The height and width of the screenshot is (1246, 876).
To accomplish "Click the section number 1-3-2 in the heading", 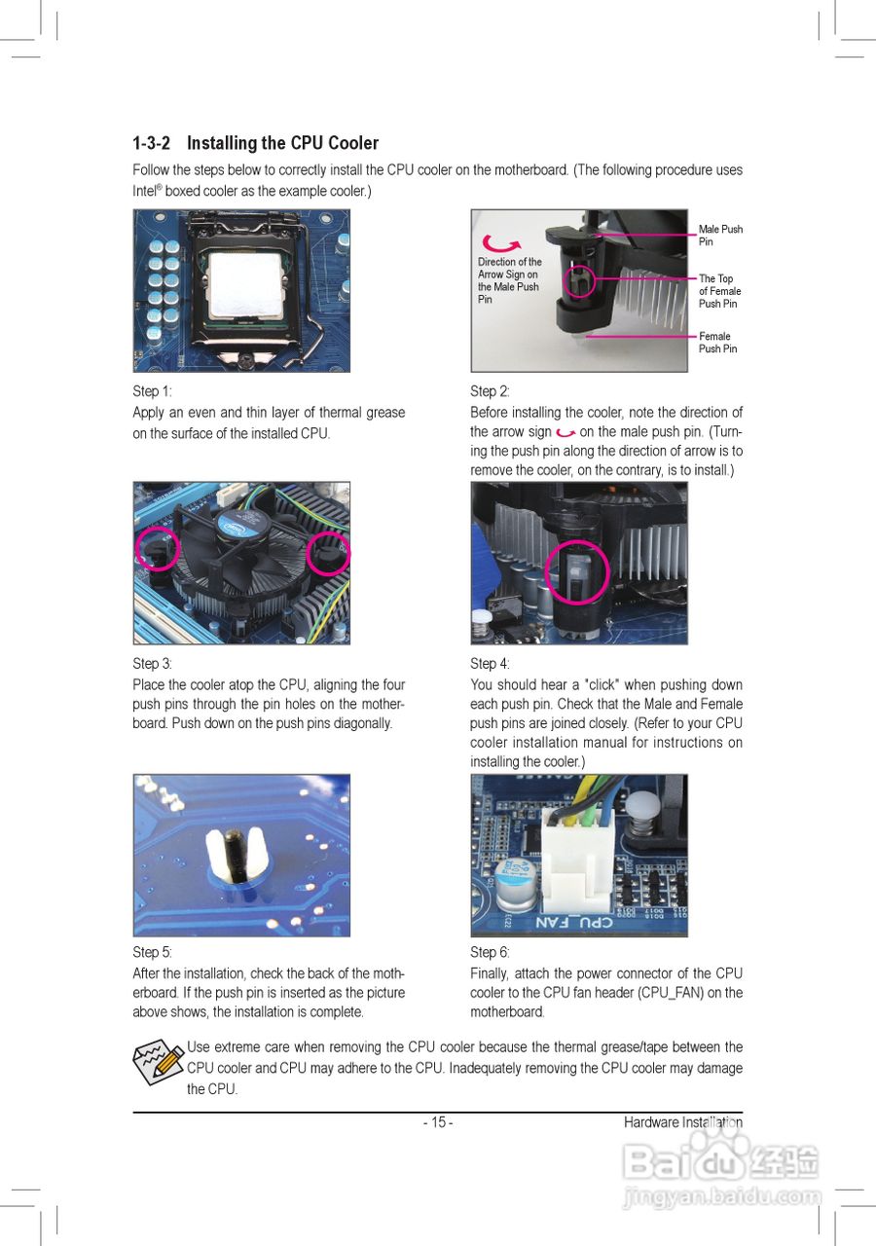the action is pyautogui.click(x=151, y=143).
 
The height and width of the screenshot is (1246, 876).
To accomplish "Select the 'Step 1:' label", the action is pyautogui.click(x=152, y=391).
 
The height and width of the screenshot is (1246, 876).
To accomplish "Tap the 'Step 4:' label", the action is pyautogui.click(x=490, y=663).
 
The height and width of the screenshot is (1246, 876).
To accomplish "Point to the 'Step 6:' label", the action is pyautogui.click(x=490, y=952).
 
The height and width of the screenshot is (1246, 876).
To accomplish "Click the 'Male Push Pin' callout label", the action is pyautogui.click(x=720, y=235).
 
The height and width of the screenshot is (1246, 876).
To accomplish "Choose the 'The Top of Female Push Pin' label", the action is pyautogui.click(x=719, y=291).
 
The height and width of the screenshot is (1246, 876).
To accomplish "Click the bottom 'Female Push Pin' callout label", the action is pyautogui.click(x=717, y=342).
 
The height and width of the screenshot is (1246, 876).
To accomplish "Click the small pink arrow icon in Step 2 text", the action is pyautogui.click(x=566, y=432).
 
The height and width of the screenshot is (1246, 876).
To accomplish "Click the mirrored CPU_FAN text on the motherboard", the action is pyautogui.click(x=573, y=922).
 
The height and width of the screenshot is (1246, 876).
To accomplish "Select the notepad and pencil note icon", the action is pyautogui.click(x=159, y=1062).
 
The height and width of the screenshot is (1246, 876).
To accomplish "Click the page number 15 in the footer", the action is pyautogui.click(x=438, y=1122).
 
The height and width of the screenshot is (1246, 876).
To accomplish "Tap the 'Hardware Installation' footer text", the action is pyautogui.click(x=683, y=1122).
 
